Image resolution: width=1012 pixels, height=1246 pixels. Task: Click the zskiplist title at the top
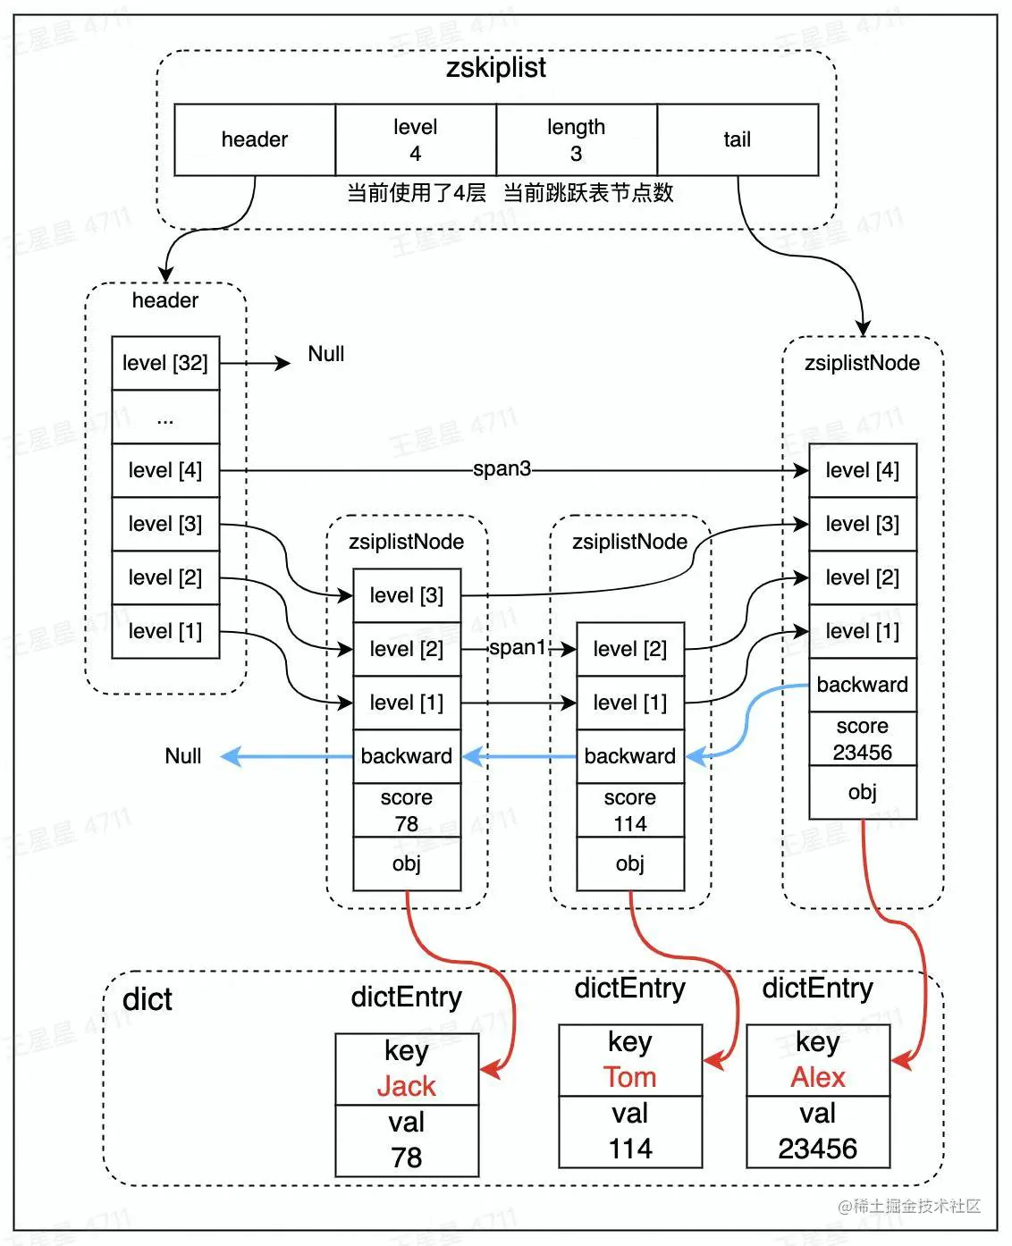tap(495, 69)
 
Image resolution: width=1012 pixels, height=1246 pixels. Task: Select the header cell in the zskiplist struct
tap(255, 139)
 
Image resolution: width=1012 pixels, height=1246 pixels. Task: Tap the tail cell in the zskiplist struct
tap(738, 139)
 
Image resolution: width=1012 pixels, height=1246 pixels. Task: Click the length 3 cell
tap(577, 139)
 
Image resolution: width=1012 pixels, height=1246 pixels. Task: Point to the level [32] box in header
tap(165, 363)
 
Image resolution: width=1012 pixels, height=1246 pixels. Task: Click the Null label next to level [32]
tap(325, 354)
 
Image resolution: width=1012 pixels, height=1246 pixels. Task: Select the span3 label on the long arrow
tap(502, 468)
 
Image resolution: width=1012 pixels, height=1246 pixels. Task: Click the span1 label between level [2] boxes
tap(517, 647)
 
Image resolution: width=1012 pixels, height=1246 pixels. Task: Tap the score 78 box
tap(407, 810)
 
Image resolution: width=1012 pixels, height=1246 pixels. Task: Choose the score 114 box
tap(630, 810)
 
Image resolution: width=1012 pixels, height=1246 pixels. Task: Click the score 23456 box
tap(863, 738)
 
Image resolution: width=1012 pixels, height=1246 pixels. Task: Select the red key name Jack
tap(407, 1086)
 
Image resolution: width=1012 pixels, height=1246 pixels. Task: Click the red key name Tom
tap(630, 1077)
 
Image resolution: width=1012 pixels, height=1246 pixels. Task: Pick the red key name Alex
tap(818, 1077)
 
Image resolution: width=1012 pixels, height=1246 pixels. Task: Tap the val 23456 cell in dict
tap(818, 1132)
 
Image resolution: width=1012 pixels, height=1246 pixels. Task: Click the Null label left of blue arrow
tap(183, 756)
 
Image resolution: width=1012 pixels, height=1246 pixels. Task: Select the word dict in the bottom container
tap(148, 999)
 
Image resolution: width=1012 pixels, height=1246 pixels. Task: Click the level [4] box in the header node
tap(165, 470)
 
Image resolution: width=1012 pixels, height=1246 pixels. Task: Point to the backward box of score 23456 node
tap(863, 685)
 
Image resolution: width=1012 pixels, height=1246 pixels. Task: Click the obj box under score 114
tap(630, 863)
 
